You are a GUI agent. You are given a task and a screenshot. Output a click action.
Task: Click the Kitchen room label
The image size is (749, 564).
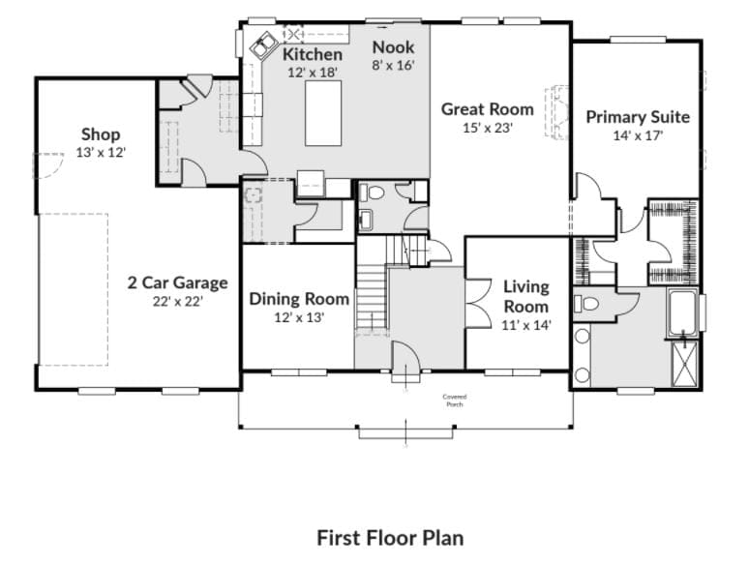tap(312, 54)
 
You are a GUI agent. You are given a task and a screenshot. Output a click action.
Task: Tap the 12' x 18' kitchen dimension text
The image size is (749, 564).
tap(312, 73)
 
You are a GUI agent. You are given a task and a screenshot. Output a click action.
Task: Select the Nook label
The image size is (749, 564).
tap(393, 46)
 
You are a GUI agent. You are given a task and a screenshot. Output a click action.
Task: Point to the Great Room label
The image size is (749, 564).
tap(487, 108)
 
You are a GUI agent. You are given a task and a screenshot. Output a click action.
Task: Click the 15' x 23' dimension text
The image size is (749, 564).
tap(487, 127)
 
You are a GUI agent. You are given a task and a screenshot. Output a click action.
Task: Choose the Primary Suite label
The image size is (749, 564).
tap(638, 116)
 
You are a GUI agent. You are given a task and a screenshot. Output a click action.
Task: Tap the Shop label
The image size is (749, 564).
tap(101, 134)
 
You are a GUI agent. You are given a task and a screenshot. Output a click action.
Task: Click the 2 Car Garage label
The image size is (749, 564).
tap(178, 282)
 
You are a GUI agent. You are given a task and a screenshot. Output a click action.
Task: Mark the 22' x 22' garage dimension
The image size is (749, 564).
tap(178, 301)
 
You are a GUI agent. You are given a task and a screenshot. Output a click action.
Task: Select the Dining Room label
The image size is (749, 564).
tap(299, 299)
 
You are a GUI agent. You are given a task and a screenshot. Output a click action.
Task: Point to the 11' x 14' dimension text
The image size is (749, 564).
tap(526, 325)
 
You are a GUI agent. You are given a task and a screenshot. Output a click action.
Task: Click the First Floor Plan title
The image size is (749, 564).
tap(389, 537)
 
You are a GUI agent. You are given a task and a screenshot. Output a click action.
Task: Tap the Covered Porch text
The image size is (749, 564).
tap(454, 400)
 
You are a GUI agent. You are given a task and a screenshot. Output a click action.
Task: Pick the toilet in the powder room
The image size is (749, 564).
tap(372, 193)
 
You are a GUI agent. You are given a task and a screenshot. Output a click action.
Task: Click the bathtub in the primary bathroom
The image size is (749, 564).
tap(683, 312)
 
